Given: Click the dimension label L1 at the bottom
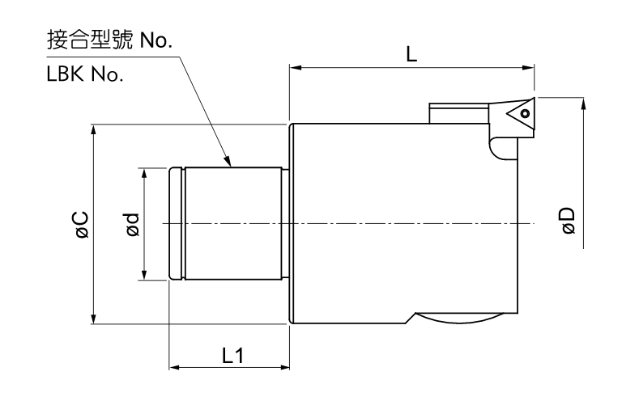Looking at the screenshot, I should pos(231,355).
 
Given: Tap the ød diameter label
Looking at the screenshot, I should pos(132,224).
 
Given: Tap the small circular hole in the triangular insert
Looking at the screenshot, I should pos(525,114).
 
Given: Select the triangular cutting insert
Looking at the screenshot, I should pos(518,116).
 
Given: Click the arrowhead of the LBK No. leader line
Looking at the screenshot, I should pos(231,163).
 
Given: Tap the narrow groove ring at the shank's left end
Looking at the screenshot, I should pos(177,224).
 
